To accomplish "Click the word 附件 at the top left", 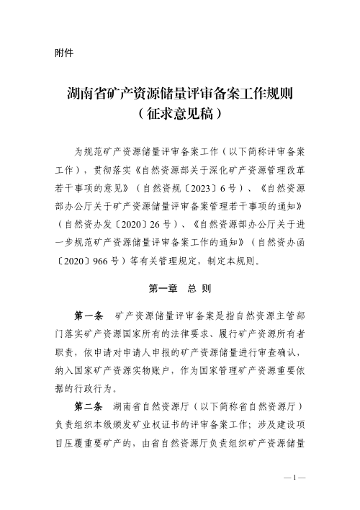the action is click(63, 53).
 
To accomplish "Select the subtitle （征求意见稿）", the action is click(179, 112).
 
